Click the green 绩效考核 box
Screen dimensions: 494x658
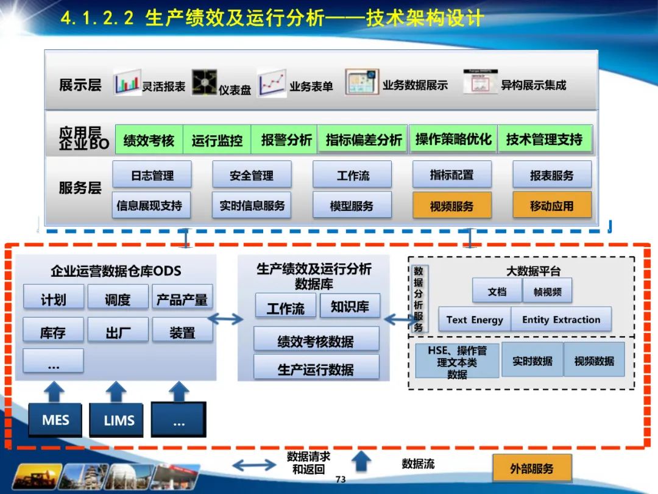tap(149, 140)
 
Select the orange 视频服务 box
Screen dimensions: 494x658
tap(451, 206)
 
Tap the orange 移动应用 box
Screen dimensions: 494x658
tap(551, 206)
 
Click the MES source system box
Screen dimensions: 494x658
tap(55, 420)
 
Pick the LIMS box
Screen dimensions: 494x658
tap(119, 420)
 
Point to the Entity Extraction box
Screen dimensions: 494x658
tap(561, 320)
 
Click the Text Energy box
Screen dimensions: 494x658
tap(475, 320)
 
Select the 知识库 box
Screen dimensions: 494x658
tap(350, 306)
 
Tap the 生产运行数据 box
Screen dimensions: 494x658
tap(316, 369)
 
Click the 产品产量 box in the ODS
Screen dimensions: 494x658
tap(182, 299)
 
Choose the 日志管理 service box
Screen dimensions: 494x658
tap(152, 175)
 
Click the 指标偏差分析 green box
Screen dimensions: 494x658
tap(364, 140)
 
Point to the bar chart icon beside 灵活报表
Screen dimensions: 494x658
tap(127, 82)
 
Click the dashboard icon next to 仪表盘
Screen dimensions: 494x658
tap(204, 82)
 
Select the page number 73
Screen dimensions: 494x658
tap(341, 479)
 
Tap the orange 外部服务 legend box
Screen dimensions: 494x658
tap(532, 468)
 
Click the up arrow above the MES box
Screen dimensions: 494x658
tap(55, 390)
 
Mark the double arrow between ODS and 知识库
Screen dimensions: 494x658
tap(227, 318)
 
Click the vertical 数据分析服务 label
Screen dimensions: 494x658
tap(419, 299)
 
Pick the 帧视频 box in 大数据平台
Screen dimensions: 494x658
tap(547, 292)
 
